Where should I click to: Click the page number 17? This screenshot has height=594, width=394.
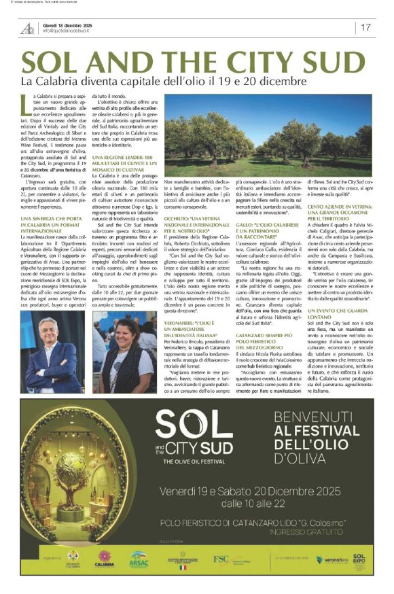365,27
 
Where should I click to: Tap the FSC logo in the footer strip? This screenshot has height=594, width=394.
221,559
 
